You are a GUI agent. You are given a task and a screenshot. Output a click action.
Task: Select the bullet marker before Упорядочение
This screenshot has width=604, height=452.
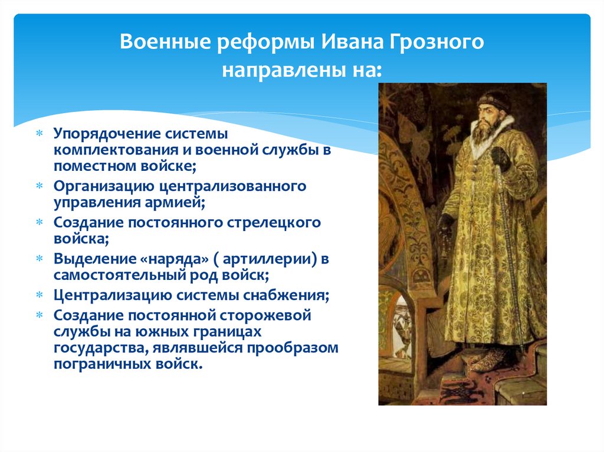tap(40, 134)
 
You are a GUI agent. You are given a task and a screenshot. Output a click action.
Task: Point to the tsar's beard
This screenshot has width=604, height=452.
tap(485, 133)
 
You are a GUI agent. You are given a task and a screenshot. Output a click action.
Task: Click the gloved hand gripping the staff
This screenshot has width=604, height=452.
tap(501, 158)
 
